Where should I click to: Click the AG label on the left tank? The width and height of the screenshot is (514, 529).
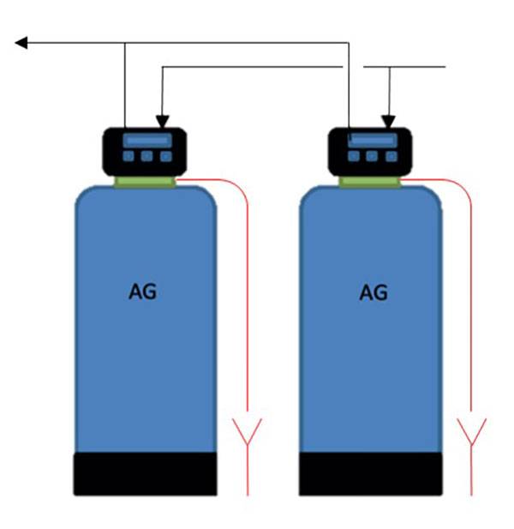click(143, 292)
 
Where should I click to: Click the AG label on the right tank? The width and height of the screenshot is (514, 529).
click(373, 292)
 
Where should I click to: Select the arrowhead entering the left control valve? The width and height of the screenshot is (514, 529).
click(161, 122)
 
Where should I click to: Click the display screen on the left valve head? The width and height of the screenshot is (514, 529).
click(146, 140)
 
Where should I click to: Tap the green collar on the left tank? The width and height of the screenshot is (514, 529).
click(146, 180)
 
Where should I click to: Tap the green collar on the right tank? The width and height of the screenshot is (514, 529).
click(373, 180)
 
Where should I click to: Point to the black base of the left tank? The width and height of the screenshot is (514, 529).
click(145, 474)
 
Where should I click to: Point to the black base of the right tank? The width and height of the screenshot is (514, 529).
click(372, 474)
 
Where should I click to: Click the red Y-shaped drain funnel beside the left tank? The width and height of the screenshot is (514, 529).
click(248, 429)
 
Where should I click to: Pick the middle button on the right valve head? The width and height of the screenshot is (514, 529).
click(372, 156)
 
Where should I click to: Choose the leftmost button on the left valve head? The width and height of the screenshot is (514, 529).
click(127, 157)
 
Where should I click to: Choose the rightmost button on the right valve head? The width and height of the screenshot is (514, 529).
click(391, 156)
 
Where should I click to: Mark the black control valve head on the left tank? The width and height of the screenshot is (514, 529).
click(146, 149)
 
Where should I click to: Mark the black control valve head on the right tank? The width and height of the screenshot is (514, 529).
click(372, 149)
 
